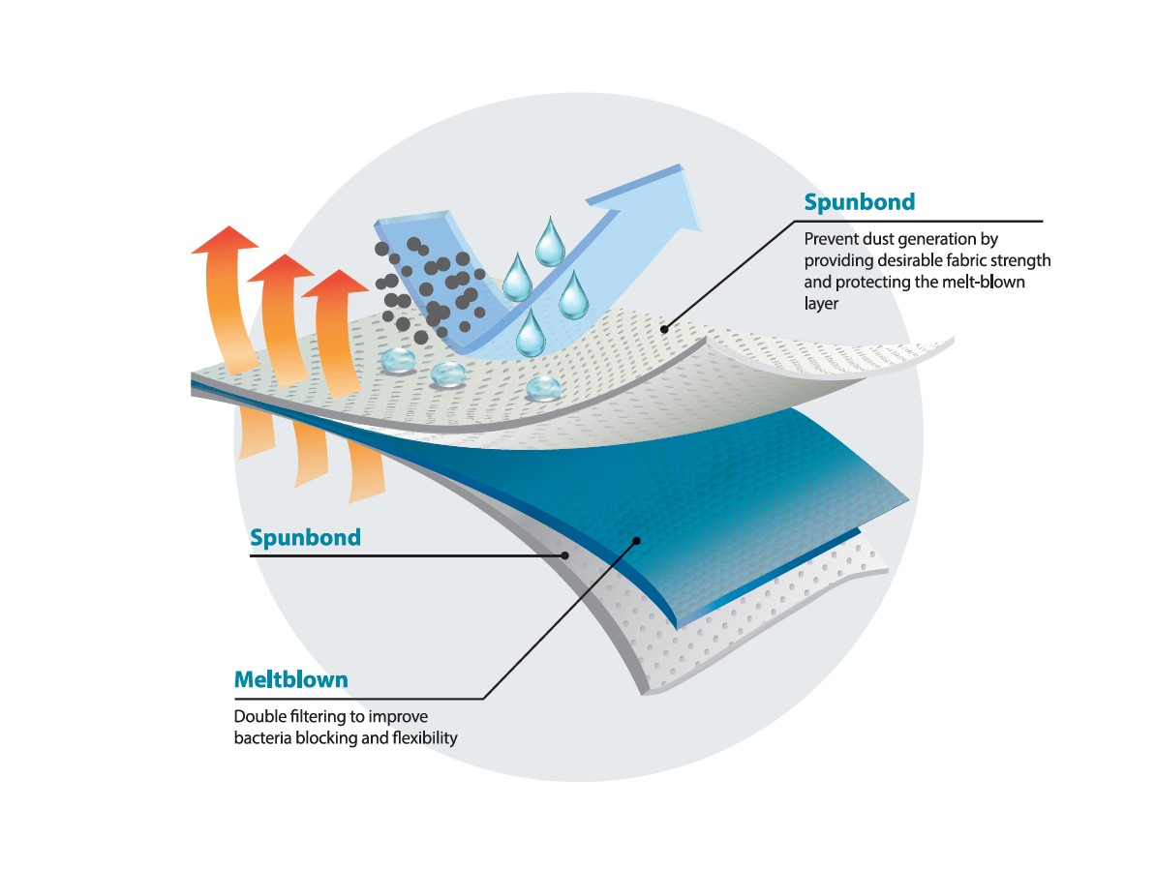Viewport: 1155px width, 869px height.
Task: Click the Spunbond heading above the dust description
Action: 860,203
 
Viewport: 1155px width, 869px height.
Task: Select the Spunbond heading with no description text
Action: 305,537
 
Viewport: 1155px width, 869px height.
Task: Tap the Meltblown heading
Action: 290,680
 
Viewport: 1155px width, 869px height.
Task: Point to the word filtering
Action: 322,717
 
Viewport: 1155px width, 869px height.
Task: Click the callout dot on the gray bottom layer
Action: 566,554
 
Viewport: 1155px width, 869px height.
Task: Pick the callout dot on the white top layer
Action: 665,329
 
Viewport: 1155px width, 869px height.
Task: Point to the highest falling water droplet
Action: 551,242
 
